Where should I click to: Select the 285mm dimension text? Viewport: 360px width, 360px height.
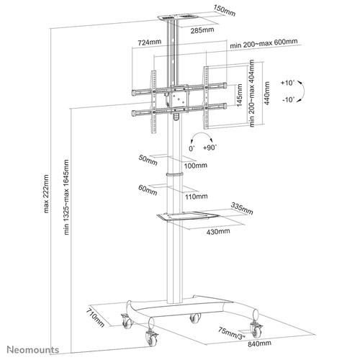pos(211,32)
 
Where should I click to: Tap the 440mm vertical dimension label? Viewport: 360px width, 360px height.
pos(268,91)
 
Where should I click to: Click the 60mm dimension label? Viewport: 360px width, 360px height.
pos(148,190)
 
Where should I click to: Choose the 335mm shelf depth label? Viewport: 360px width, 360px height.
pos(243,210)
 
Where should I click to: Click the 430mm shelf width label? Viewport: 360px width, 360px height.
pos(219,232)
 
